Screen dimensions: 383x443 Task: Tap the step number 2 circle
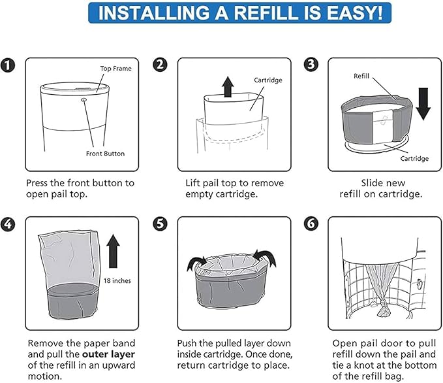(x=160, y=65)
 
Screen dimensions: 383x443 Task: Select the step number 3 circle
(x=311, y=65)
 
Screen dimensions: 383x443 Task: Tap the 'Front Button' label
(x=105, y=154)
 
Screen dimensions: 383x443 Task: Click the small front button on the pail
(x=84, y=100)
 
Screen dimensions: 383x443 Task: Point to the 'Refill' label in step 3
(x=361, y=76)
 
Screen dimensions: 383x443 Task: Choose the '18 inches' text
(x=117, y=280)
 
